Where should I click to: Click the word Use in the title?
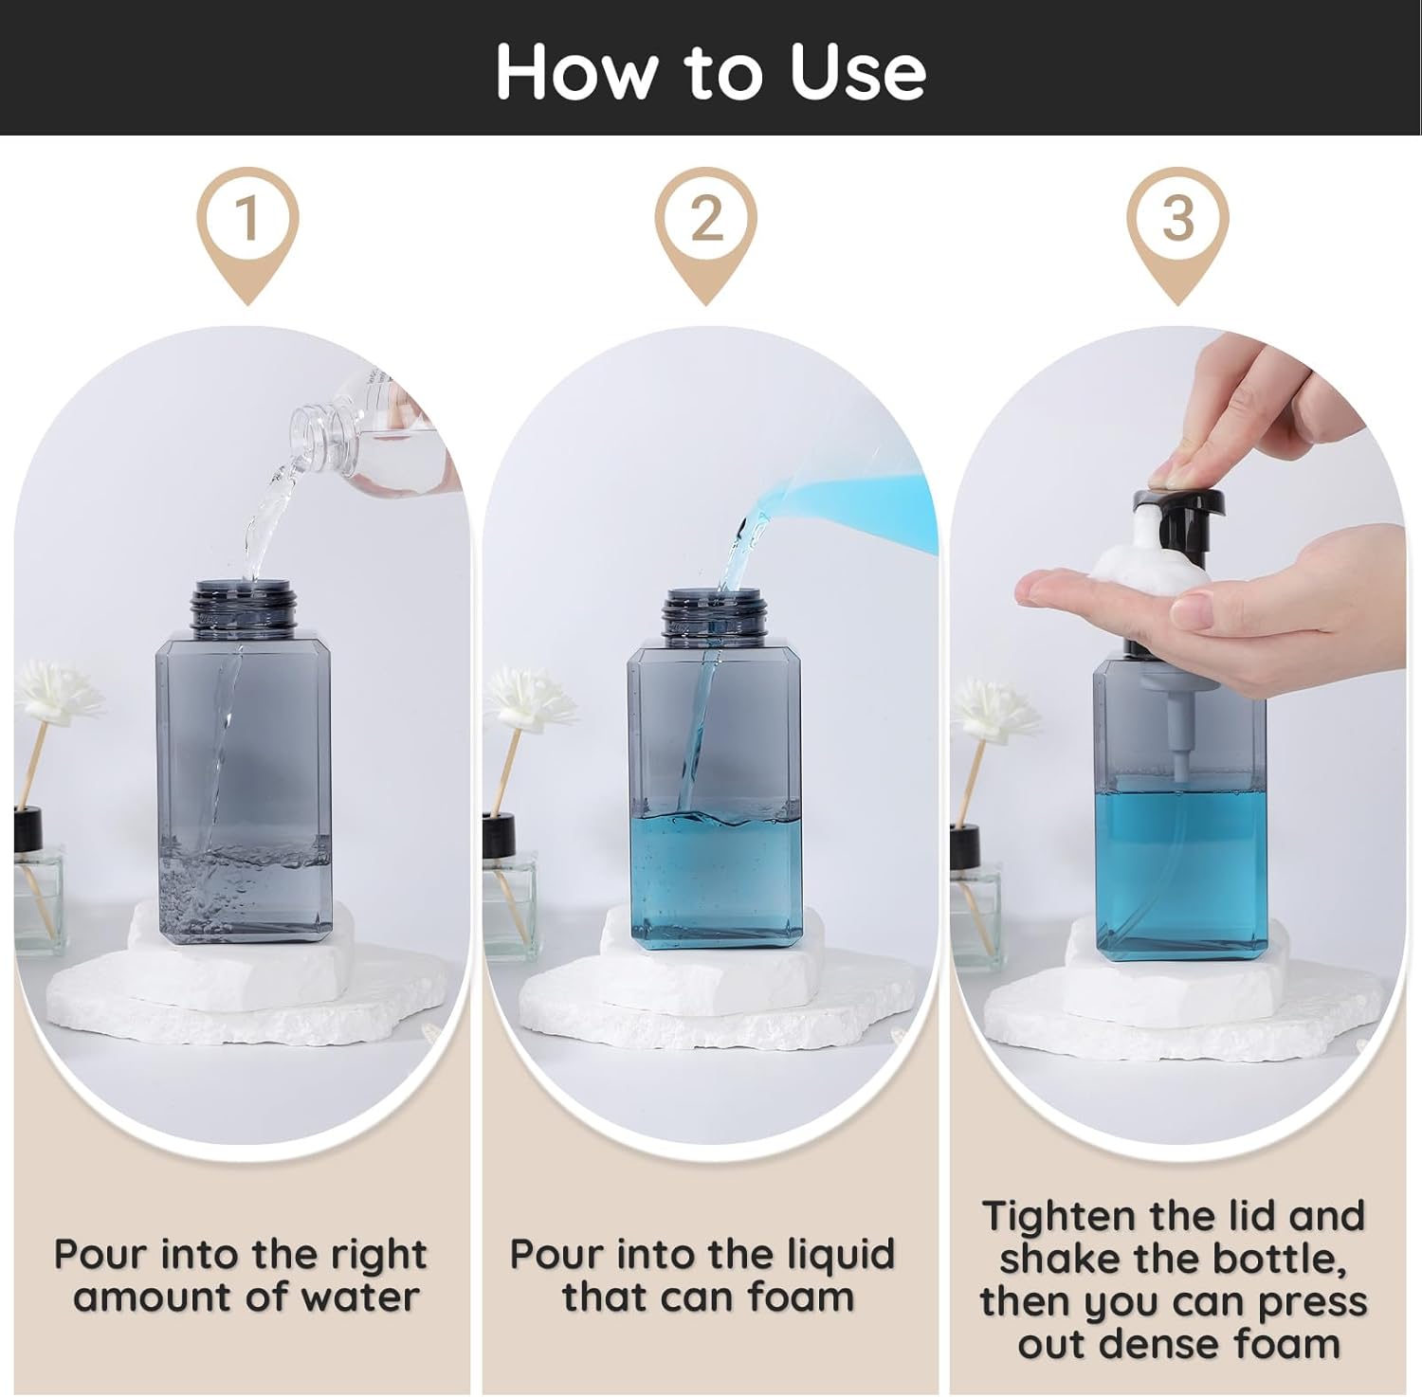point(857,72)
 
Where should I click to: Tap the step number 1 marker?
point(247,219)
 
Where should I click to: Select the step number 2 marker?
point(707,219)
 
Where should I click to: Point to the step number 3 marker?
point(1177,219)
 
